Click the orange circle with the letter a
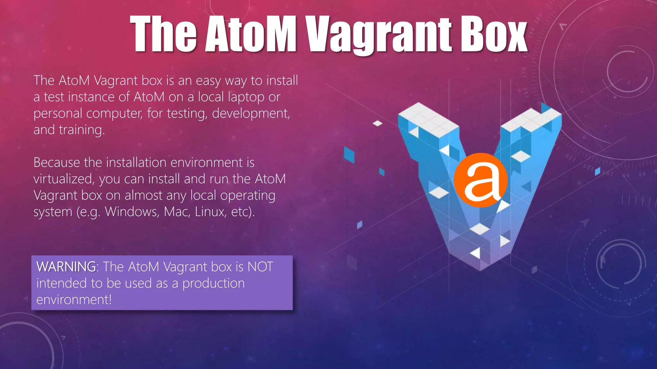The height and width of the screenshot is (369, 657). (x=480, y=180)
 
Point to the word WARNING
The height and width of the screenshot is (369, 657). (x=66, y=267)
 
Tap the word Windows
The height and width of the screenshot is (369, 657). (x=132, y=212)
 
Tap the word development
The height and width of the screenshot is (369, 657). (x=251, y=113)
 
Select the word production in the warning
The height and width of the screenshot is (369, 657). (x=213, y=283)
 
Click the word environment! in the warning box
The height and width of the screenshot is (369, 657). (x=74, y=300)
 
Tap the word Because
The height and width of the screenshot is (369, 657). (x=56, y=163)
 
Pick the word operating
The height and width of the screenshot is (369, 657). (x=248, y=196)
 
